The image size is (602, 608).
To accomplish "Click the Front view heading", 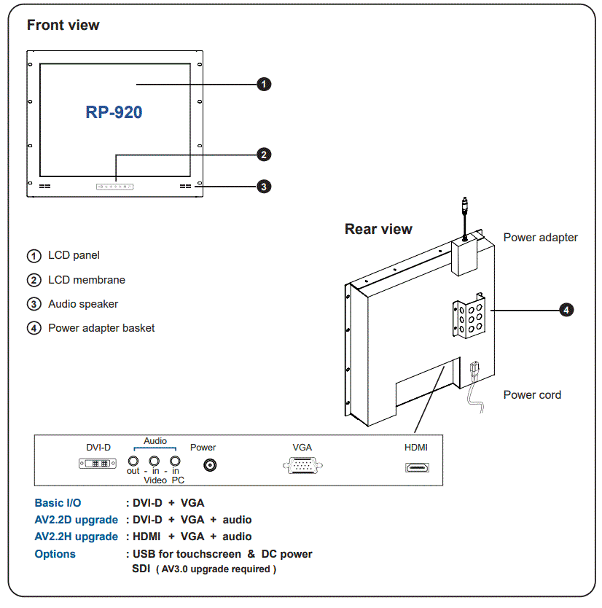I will tap(63, 25).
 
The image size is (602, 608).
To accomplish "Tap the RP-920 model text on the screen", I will tap(114, 112).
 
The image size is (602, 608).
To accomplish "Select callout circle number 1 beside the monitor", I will tap(265, 84).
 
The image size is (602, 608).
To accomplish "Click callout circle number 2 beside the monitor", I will tap(265, 155).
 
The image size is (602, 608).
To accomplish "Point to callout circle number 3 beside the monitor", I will tap(265, 187).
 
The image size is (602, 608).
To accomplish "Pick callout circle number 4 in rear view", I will tap(566, 310).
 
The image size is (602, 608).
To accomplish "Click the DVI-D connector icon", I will tap(98, 464).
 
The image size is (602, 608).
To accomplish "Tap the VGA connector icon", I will tap(302, 466).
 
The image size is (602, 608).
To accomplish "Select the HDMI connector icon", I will tap(417, 467).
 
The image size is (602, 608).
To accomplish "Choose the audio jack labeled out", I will tap(133, 461).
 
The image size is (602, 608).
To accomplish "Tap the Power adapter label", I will tap(540, 238).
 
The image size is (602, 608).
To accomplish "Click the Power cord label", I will tap(532, 395).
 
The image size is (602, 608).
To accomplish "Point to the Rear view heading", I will tap(378, 229).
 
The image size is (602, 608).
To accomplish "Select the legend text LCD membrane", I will tap(86, 280).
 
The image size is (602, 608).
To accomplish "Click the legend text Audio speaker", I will tap(82, 304).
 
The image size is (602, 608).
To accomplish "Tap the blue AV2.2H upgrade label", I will tap(76, 537).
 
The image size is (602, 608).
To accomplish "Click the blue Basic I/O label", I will tap(58, 503).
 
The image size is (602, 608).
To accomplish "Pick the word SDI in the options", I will tap(141, 569).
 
